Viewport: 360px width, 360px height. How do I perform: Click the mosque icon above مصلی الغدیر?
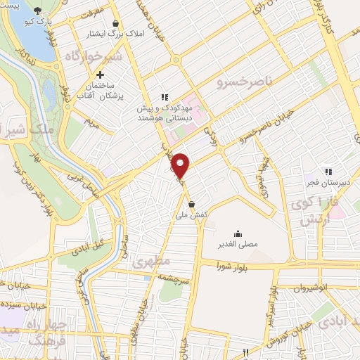click(x=238, y=234)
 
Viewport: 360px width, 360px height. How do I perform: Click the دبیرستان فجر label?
click(x=327, y=183)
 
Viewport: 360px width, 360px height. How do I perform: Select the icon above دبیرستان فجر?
click(x=327, y=171)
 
